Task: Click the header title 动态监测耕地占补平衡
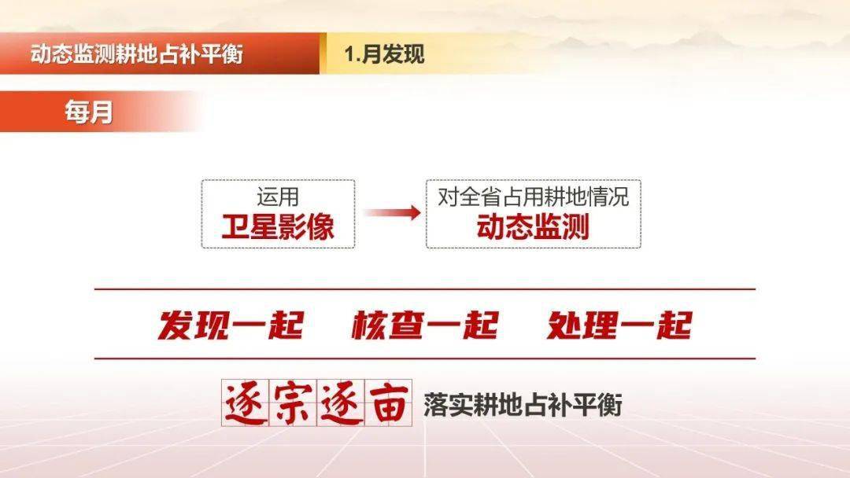(x=137, y=54)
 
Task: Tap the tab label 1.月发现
(x=383, y=54)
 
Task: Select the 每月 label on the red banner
(x=89, y=112)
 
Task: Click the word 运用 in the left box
(x=277, y=197)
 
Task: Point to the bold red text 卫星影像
(x=278, y=226)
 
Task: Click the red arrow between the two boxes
(x=391, y=213)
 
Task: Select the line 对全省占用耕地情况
(x=533, y=197)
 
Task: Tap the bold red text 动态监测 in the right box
(x=533, y=226)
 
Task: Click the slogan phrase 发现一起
(x=230, y=325)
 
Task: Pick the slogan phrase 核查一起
(x=424, y=325)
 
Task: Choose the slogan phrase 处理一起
(x=619, y=325)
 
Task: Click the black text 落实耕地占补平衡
(x=523, y=405)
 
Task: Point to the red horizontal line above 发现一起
(x=425, y=289)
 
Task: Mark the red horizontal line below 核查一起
(x=425, y=358)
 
